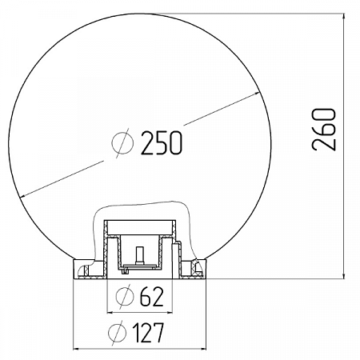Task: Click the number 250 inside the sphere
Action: pyautogui.click(x=162, y=143)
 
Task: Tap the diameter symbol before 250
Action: pyautogui.click(x=124, y=143)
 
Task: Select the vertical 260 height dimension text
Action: pyautogui.click(x=323, y=130)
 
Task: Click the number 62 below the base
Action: pyautogui.click(x=151, y=297)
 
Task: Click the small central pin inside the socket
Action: pyautogui.click(x=139, y=257)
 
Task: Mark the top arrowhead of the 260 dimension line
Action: pyautogui.click(x=345, y=17)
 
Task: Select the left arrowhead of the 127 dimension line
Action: pyautogui.click(x=78, y=347)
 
